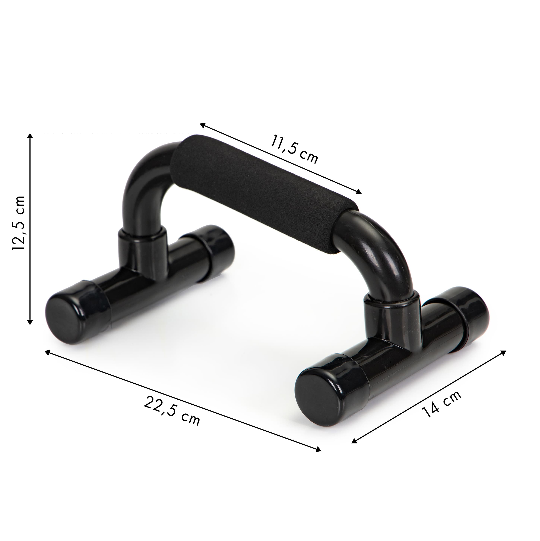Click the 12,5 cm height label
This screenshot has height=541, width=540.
[x=19, y=223]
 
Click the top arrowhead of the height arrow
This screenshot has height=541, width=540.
[x=30, y=136]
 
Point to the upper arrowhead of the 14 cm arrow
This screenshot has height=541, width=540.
[x=503, y=352]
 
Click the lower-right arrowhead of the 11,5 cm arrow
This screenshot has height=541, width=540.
[x=359, y=192]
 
